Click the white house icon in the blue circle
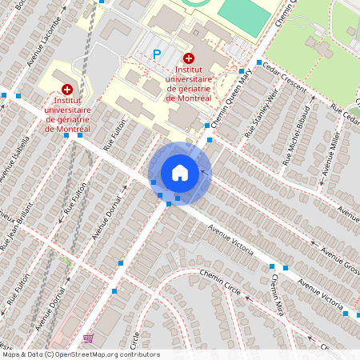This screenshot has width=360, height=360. [x=179, y=173]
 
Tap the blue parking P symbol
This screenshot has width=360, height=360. [x=157, y=54]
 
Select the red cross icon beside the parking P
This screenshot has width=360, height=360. [x=189, y=58]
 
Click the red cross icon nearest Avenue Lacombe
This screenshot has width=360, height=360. [x=66, y=90]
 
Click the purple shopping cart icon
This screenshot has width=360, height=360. [x=87, y=338]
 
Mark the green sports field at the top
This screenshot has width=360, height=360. [x=244, y=16]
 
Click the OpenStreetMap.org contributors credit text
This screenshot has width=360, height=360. [x=107, y=354]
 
